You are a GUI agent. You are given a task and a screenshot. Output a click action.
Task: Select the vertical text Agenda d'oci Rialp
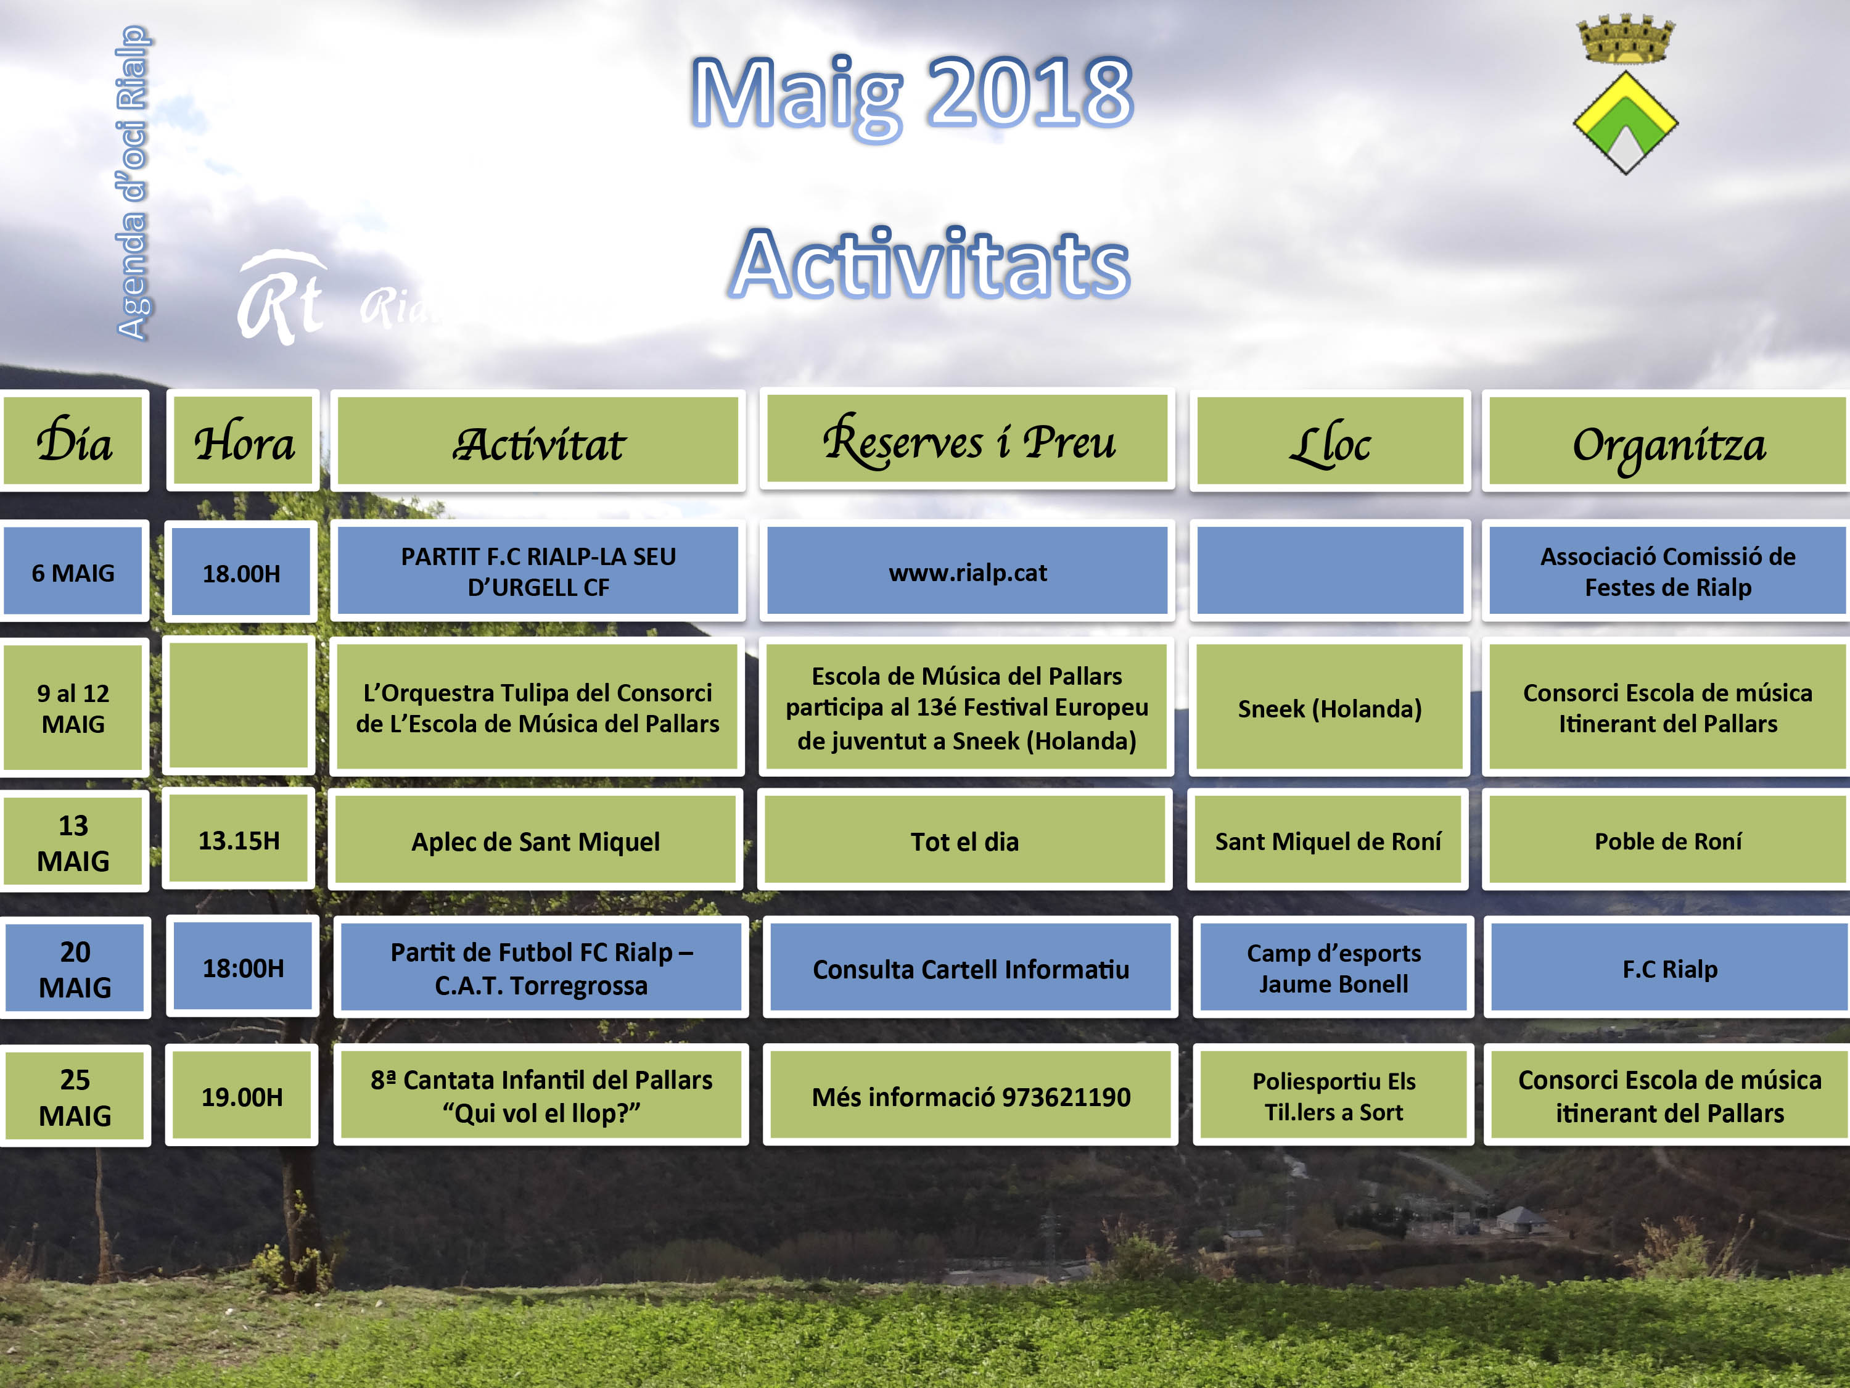pyautogui.click(x=132, y=183)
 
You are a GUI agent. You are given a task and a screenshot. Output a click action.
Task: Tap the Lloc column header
pyautogui.click(x=1330, y=441)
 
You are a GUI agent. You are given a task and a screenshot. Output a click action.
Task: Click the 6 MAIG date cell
pyautogui.click(x=73, y=571)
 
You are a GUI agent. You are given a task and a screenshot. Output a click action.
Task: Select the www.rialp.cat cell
pyautogui.click(x=968, y=571)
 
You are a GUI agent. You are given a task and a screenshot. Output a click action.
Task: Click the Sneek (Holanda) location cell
pyautogui.click(x=1330, y=707)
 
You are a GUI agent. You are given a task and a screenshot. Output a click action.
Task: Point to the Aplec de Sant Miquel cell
pyautogui.click(x=535, y=840)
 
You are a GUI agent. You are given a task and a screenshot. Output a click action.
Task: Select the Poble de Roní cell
pyautogui.click(x=1667, y=840)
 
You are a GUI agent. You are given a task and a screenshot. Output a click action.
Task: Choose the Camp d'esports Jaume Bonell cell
pyautogui.click(x=1333, y=967)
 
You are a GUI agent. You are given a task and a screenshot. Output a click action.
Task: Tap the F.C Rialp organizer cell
pyautogui.click(x=1669, y=967)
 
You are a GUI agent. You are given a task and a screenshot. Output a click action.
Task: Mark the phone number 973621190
pyautogui.click(x=1066, y=1096)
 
